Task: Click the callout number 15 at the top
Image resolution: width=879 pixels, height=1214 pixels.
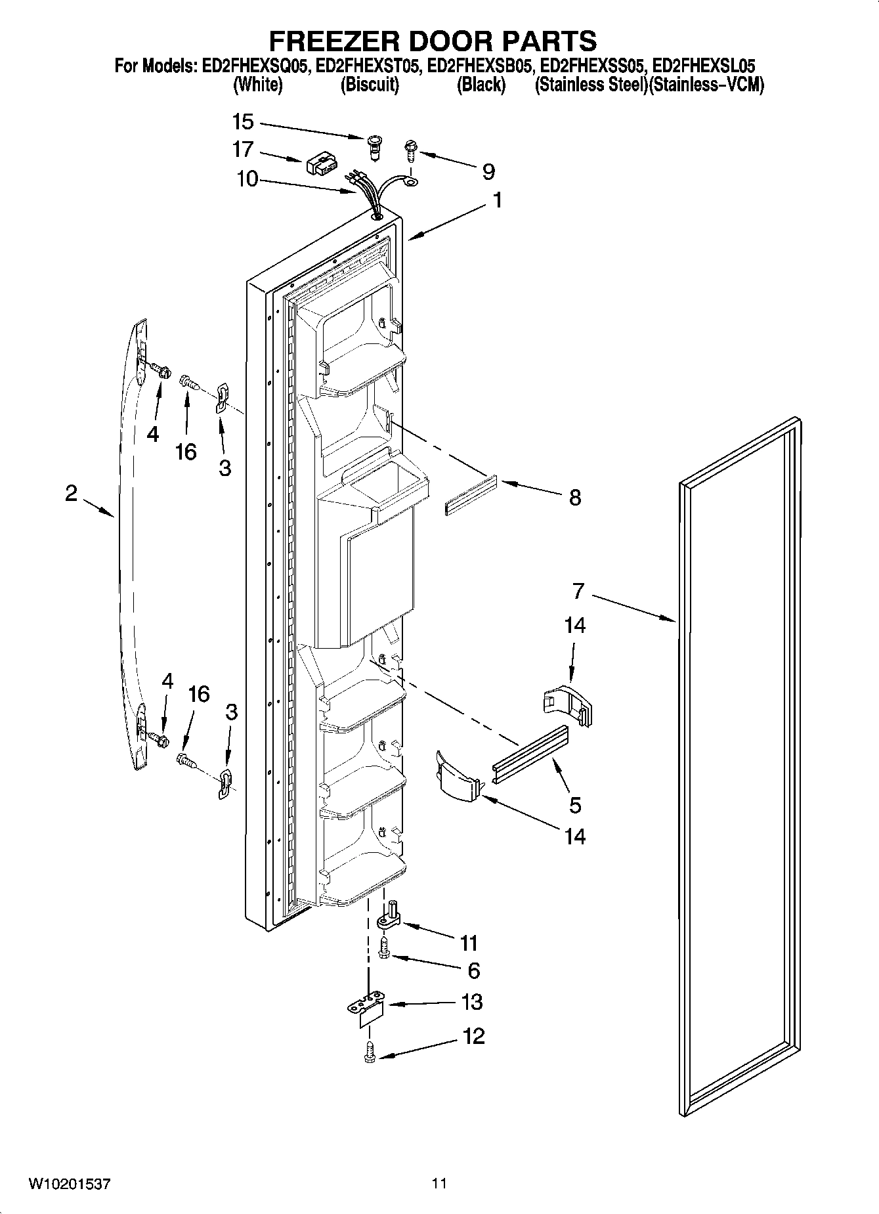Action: click(242, 122)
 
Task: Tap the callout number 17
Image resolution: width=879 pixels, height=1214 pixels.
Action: click(242, 150)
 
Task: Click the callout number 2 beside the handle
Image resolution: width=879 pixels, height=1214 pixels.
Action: click(71, 493)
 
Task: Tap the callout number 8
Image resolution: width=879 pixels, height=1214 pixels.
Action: click(574, 498)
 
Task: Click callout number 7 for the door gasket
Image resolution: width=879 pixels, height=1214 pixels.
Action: click(578, 591)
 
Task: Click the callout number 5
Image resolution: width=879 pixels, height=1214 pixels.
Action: click(575, 804)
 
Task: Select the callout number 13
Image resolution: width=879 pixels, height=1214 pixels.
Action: click(472, 1002)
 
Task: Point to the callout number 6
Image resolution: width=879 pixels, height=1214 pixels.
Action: click(473, 970)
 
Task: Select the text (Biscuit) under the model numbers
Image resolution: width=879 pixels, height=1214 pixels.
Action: click(370, 85)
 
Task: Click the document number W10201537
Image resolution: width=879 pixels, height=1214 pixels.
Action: click(68, 1184)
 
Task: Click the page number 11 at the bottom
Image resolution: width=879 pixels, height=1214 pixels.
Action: click(439, 1184)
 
